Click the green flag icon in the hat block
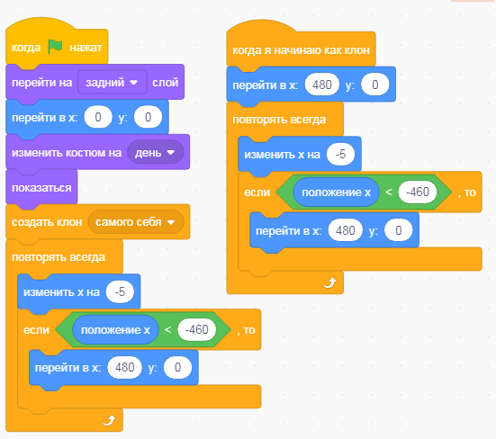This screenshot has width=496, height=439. (x=55, y=47)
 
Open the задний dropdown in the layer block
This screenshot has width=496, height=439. (x=113, y=82)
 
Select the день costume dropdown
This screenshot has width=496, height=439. (x=156, y=153)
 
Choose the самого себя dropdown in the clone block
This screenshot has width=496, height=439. (x=136, y=222)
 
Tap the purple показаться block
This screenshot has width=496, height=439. (x=41, y=188)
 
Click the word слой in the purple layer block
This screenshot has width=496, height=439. (x=166, y=83)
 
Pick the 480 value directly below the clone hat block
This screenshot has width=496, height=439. (x=322, y=85)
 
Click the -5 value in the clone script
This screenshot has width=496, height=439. (x=340, y=154)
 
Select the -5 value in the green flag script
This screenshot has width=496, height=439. (x=120, y=291)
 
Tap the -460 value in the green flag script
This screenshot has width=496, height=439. (x=197, y=329)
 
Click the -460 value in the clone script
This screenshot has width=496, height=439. (x=418, y=192)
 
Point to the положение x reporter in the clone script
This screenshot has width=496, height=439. (x=337, y=193)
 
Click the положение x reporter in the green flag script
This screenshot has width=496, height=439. (x=115, y=330)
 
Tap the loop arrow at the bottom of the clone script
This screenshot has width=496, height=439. (x=329, y=282)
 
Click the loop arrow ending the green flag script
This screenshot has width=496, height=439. (x=109, y=420)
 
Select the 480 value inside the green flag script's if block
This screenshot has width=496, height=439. (x=124, y=367)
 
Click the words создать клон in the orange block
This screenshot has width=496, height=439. (x=47, y=222)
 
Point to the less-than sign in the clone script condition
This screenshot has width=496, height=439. (x=389, y=192)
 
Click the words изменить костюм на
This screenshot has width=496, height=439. (x=67, y=153)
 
